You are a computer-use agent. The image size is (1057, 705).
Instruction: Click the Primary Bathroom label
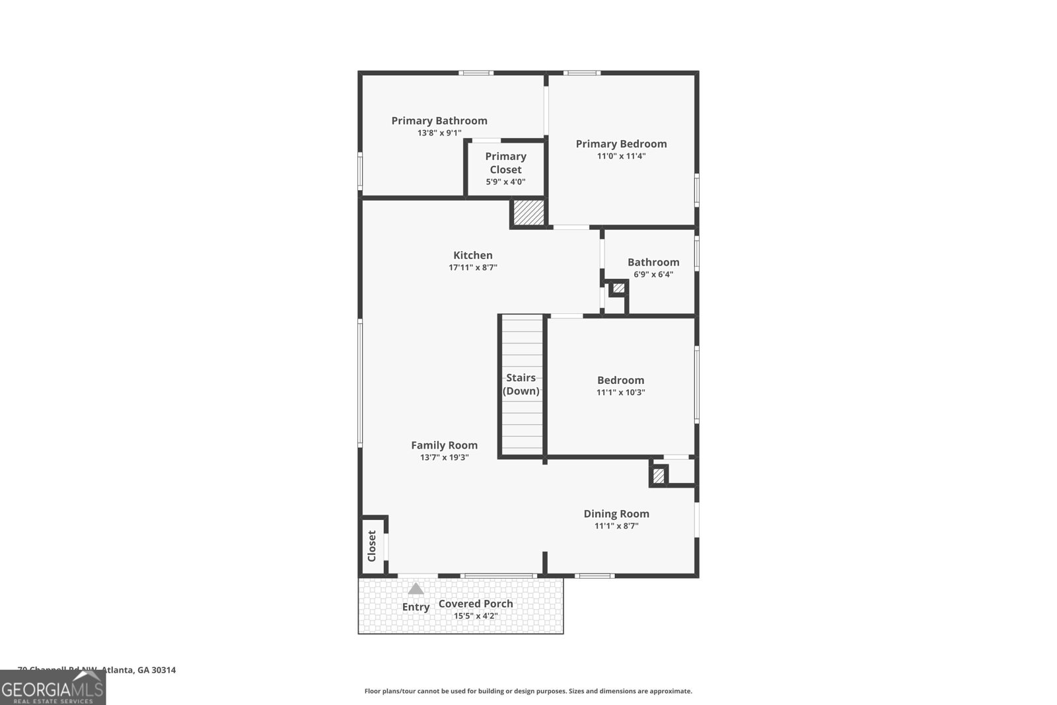pyautogui.click(x=439, y=120)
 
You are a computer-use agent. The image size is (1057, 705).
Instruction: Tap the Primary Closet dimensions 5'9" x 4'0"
pyautogui.click(x=505, y=182)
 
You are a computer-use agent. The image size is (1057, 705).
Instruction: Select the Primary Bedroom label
pyautogui.click(x=621, y=143)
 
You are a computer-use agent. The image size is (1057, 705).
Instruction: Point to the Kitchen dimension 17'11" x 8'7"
pyautogui.click(x=473, y=268)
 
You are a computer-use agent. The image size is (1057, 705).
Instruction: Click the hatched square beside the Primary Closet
pyautogui.click(x=528, y=212)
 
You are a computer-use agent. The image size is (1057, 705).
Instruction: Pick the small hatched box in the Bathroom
pyautogui.click(x=618, y=288)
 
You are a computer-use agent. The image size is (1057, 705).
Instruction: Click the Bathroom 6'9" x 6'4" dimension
pyautogui.click(x=653, y=274)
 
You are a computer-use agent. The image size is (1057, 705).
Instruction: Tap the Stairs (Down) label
pyautogui.click(x=521, y=384)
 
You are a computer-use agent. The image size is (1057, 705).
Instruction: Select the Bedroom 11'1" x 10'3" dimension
pyautogui.click(x=620, y=392)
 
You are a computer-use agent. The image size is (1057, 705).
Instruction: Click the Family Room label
pyautogui.click(x=444, y=445)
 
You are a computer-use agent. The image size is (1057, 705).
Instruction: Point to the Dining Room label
pyautogui.click(x=616, y=513)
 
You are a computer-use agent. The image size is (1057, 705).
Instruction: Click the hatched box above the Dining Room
pyautogui.click(x=659, y=476)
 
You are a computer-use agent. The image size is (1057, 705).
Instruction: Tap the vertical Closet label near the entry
pyautogui.click(x=371, y=546)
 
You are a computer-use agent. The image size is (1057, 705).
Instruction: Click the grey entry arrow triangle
pyautogui.click(x=416, y=589)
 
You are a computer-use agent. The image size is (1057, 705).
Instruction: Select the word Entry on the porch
pyautogui.click(x=416, y=607)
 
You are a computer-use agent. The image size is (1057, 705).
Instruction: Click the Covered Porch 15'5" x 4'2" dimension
pyautogui.click(x=476, y=616)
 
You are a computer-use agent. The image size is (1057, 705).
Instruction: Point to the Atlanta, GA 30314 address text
pyautogui.click(x=138, y=670)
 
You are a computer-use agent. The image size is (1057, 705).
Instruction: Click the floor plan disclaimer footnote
pyautogui.click(x=528, y=691)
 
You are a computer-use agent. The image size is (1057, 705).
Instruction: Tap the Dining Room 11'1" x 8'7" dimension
pyautogui.click(x=616, y=526)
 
